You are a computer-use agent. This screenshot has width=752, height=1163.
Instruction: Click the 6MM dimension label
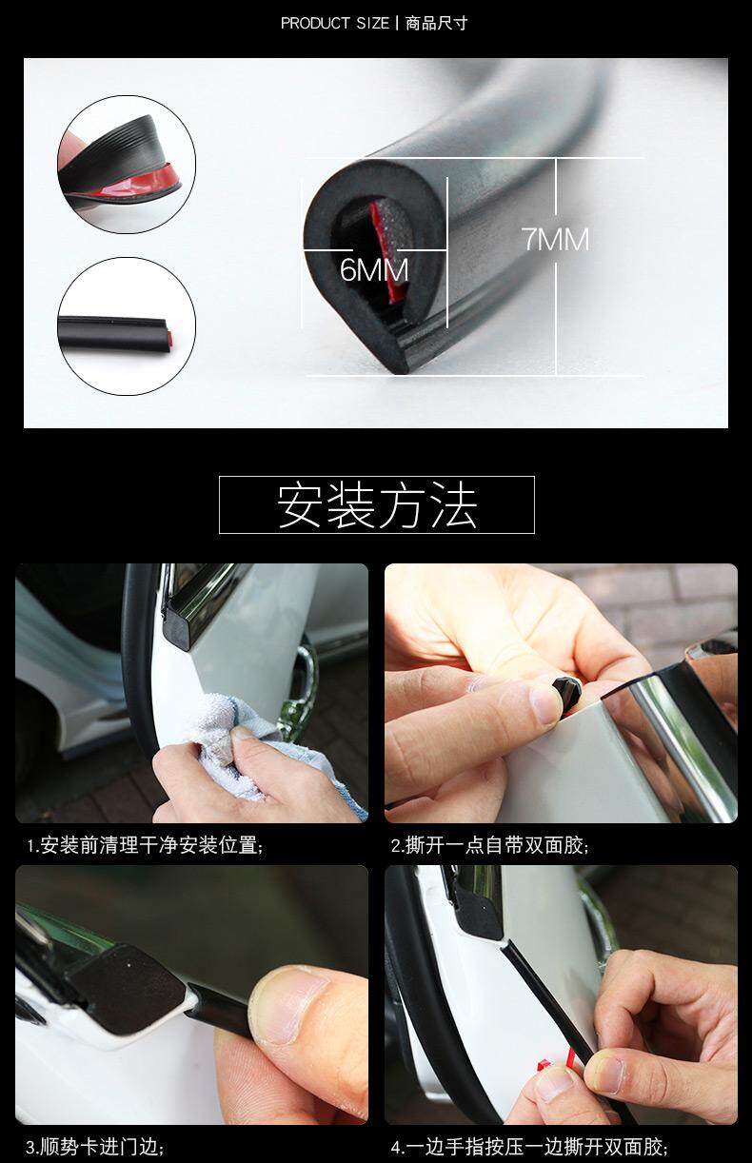click(x=374, y=270)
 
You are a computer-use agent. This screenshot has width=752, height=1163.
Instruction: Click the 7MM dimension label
click(x=556, y=239)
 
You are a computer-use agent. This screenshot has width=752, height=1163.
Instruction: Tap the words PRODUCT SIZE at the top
click(x=334, y=24)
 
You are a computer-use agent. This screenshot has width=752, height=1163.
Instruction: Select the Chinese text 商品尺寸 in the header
click(x=436, y=24)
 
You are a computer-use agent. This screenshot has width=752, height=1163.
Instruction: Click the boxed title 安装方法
click(x=377, y=504)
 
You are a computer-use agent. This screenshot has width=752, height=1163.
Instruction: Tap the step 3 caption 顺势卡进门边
click(x=95, y=1146)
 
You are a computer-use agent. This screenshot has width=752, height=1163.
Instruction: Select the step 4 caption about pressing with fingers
click(x=529, y=1146)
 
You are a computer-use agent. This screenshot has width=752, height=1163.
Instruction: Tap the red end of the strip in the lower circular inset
click(x=169, y=339)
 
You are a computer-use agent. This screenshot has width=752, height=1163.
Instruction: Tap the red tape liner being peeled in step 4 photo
click(x=557, y=1061)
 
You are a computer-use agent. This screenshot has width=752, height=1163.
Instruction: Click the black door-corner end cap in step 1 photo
click(x=178, y=625)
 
